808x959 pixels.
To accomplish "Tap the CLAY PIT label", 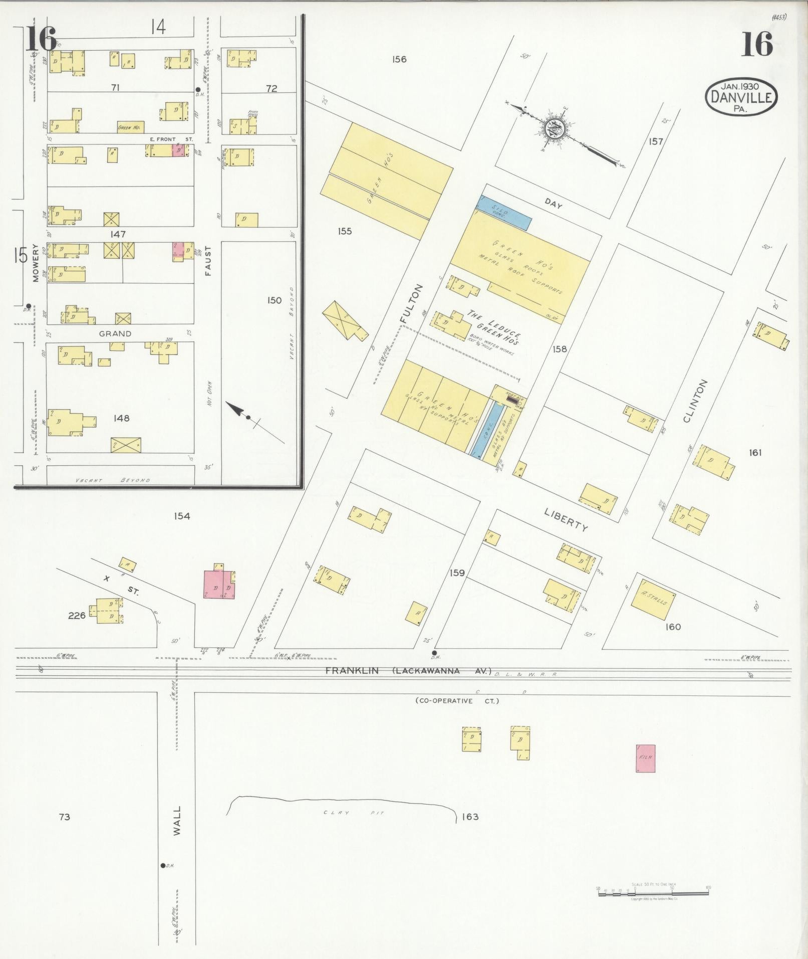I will point(353,813).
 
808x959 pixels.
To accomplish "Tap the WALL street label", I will point(177,821).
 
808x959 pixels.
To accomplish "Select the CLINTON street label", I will point(696,401).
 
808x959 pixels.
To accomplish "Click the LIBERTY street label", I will point(567,518).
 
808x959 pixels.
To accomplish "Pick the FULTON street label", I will point(412,303).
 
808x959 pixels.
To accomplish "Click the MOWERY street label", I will point(36,263).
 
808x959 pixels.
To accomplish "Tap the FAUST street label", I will point(208,260).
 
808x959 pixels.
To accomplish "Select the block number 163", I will point(470,817).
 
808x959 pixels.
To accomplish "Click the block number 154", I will point(182,516).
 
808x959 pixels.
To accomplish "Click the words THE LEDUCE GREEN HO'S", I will point(493,327).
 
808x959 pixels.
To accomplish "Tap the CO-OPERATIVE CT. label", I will point(456,701).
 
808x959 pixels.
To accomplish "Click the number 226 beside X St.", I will point(77,616).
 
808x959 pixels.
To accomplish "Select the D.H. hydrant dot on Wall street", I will point(163,865).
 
